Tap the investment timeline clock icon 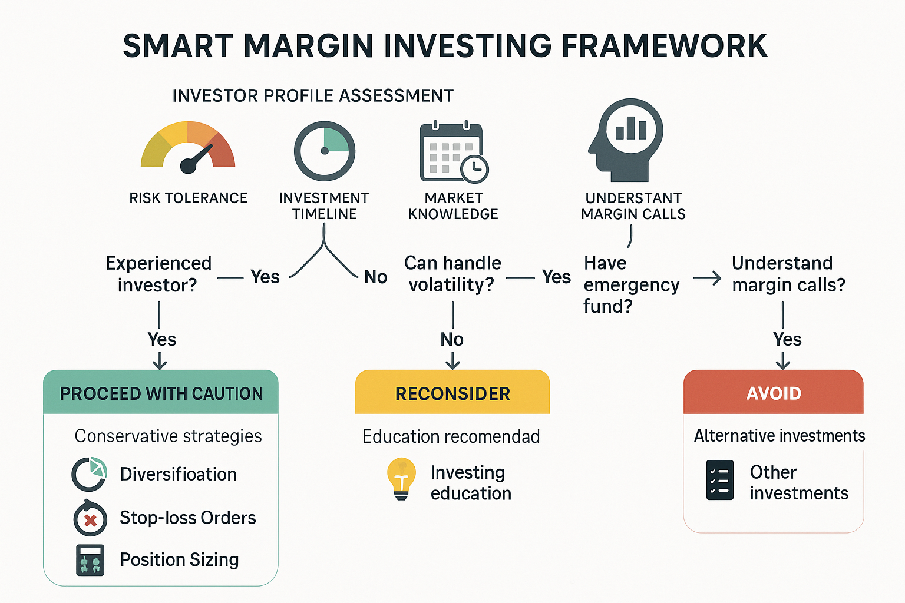click(x=325, y=151)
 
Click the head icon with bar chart click(x=626, y=140)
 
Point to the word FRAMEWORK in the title click(x=664, y=46)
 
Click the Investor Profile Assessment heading click(x=313, y=95)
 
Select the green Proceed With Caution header click(x=161, y=393)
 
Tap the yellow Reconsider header click(x=452, y=393)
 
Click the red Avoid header click(x=774, y=393)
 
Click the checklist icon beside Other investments click(x=719, y=480)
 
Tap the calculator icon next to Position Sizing click(x=90, y=560)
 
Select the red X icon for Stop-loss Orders click(x=90, y=519)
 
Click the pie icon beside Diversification click(x=90, y=474)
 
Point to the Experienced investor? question click(x=158, y=274)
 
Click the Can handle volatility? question click(x=452, y=274)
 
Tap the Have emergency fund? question click(x=631, y=284)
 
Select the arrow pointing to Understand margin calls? click(x=707, y=278)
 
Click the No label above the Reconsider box click(x=452, y=339)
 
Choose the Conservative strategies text click(x=168, y=436)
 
